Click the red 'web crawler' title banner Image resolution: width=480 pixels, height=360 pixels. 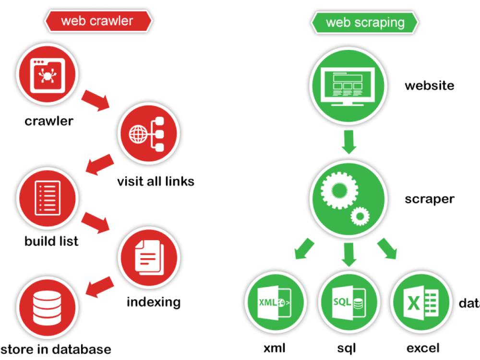pos(97,21)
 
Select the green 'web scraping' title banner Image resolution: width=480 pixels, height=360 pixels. pos(365,23)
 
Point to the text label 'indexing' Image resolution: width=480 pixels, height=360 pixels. pos(154,302)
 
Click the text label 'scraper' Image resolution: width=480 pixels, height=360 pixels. pos(429,199)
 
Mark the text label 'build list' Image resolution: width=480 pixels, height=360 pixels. pos(51,240)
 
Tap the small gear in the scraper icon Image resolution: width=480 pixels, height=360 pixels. pos(359,216)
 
